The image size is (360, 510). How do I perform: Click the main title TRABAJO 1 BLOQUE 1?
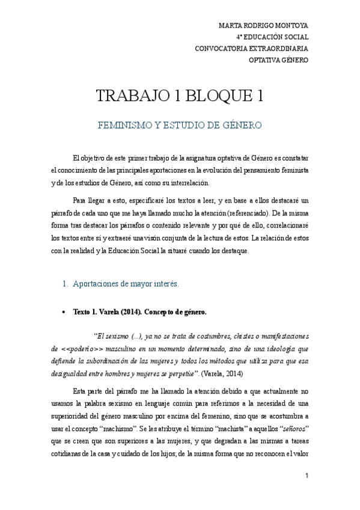click(x=180, y=96)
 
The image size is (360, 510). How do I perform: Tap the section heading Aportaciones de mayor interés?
click(x=118, y=283)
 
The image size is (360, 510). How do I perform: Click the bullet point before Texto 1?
click(x=64, y=313)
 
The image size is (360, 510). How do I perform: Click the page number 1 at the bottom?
click(x=307, y=476)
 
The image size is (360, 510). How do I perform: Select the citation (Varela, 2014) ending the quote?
click(x=224, y=373)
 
